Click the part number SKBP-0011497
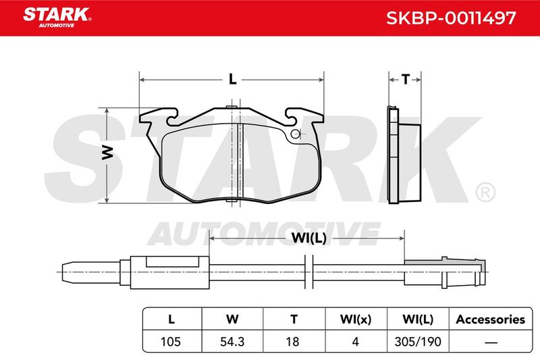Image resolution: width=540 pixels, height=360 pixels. pyautogui.click(x=451, y=18)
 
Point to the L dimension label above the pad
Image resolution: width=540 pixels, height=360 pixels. pyautogui.click(x=233, y=80)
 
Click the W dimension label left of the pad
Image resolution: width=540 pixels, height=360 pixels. pyautogui.click(x=108, y=153)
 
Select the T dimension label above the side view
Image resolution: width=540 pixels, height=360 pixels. pyautogui.click(x=406, y=80)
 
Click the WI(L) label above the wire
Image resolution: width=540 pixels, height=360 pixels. pyautogui.click(x=309, y=238)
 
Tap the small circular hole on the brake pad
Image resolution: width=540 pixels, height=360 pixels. pyautogui.click(x=295, y=134)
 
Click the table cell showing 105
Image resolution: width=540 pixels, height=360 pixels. pyautogui.click(x=171, y=341)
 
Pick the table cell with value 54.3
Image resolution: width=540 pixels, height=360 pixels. pyautogui.click(x=232, y=341)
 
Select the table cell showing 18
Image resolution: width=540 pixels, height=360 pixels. pyautogui.click(x=292, y=341)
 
